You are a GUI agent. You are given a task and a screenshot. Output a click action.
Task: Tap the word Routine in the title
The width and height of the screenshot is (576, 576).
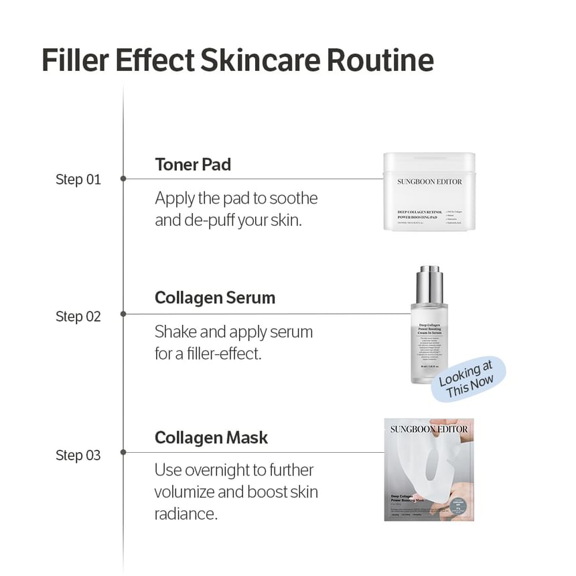[380, 60]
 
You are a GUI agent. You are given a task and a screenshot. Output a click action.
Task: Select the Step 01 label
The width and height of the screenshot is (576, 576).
[78, 179]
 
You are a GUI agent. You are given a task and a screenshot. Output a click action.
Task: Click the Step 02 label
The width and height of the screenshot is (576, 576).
[78, 316]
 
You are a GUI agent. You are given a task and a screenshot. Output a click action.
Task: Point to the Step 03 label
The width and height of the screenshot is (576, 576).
[78, 455]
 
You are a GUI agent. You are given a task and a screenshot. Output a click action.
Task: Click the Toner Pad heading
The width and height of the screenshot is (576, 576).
[193, 165]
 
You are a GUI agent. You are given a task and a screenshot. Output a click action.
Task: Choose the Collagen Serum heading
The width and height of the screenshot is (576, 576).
[215, 298]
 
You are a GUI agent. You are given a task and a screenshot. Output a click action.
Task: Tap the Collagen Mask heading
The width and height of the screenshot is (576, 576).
[211, 438]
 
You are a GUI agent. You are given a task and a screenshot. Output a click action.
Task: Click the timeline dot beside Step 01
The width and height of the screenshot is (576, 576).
[123, 179]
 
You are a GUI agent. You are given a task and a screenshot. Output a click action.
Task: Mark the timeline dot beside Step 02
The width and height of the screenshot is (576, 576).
[123, 313]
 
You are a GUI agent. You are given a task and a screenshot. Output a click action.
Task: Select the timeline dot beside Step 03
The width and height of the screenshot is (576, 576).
[123, 452]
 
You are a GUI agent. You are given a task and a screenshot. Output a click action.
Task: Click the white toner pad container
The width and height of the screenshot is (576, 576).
[429, 192]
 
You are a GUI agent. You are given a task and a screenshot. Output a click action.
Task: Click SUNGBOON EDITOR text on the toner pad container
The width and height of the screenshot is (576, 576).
[429, 182]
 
